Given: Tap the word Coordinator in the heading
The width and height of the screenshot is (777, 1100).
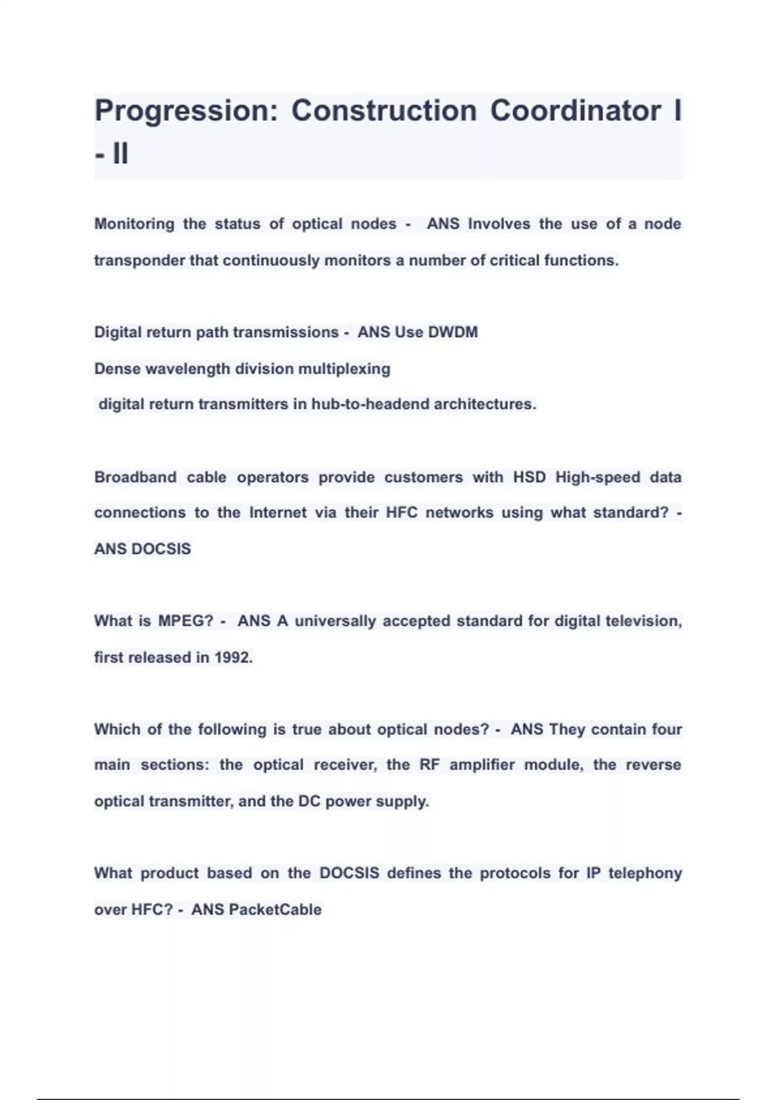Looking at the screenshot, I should tap(576, 110).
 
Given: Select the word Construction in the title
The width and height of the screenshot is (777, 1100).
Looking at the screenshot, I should tap(384, 110).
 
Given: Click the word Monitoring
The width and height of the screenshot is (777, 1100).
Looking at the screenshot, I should tap(134, 224).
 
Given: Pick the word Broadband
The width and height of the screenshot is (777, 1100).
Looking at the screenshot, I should tap(135, 478).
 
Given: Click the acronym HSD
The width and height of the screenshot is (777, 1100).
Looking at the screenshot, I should tap(529, 478).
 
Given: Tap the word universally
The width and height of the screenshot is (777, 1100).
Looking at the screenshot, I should tap(335, 621).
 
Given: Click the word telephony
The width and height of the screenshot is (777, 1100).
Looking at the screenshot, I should tap(645, 874).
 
